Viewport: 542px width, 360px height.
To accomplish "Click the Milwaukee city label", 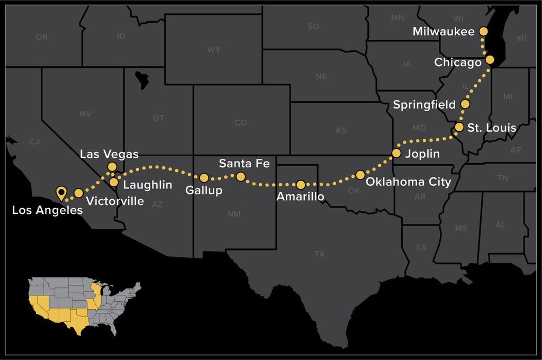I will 444,32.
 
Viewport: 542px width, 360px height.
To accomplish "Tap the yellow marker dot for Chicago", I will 490,60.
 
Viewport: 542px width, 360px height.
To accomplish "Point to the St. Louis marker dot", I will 459,128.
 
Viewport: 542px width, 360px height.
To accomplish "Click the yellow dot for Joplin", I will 396,154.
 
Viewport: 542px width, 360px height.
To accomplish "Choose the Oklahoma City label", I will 409,182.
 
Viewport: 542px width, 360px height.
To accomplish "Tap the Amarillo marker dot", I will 301,185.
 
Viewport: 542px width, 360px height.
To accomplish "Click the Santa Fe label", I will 244,163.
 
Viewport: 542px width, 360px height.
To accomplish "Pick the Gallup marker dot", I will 204,178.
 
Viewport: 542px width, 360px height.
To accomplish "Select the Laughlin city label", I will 148,185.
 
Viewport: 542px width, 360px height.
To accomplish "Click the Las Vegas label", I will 109,155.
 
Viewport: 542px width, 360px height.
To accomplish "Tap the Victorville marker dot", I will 78,193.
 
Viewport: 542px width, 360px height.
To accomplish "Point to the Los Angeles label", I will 47,210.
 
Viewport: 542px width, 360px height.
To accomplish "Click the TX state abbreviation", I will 319,254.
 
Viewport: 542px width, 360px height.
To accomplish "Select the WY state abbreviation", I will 214,50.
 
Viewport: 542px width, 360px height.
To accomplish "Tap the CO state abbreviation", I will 240,123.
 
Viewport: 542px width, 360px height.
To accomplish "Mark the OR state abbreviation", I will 41,38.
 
